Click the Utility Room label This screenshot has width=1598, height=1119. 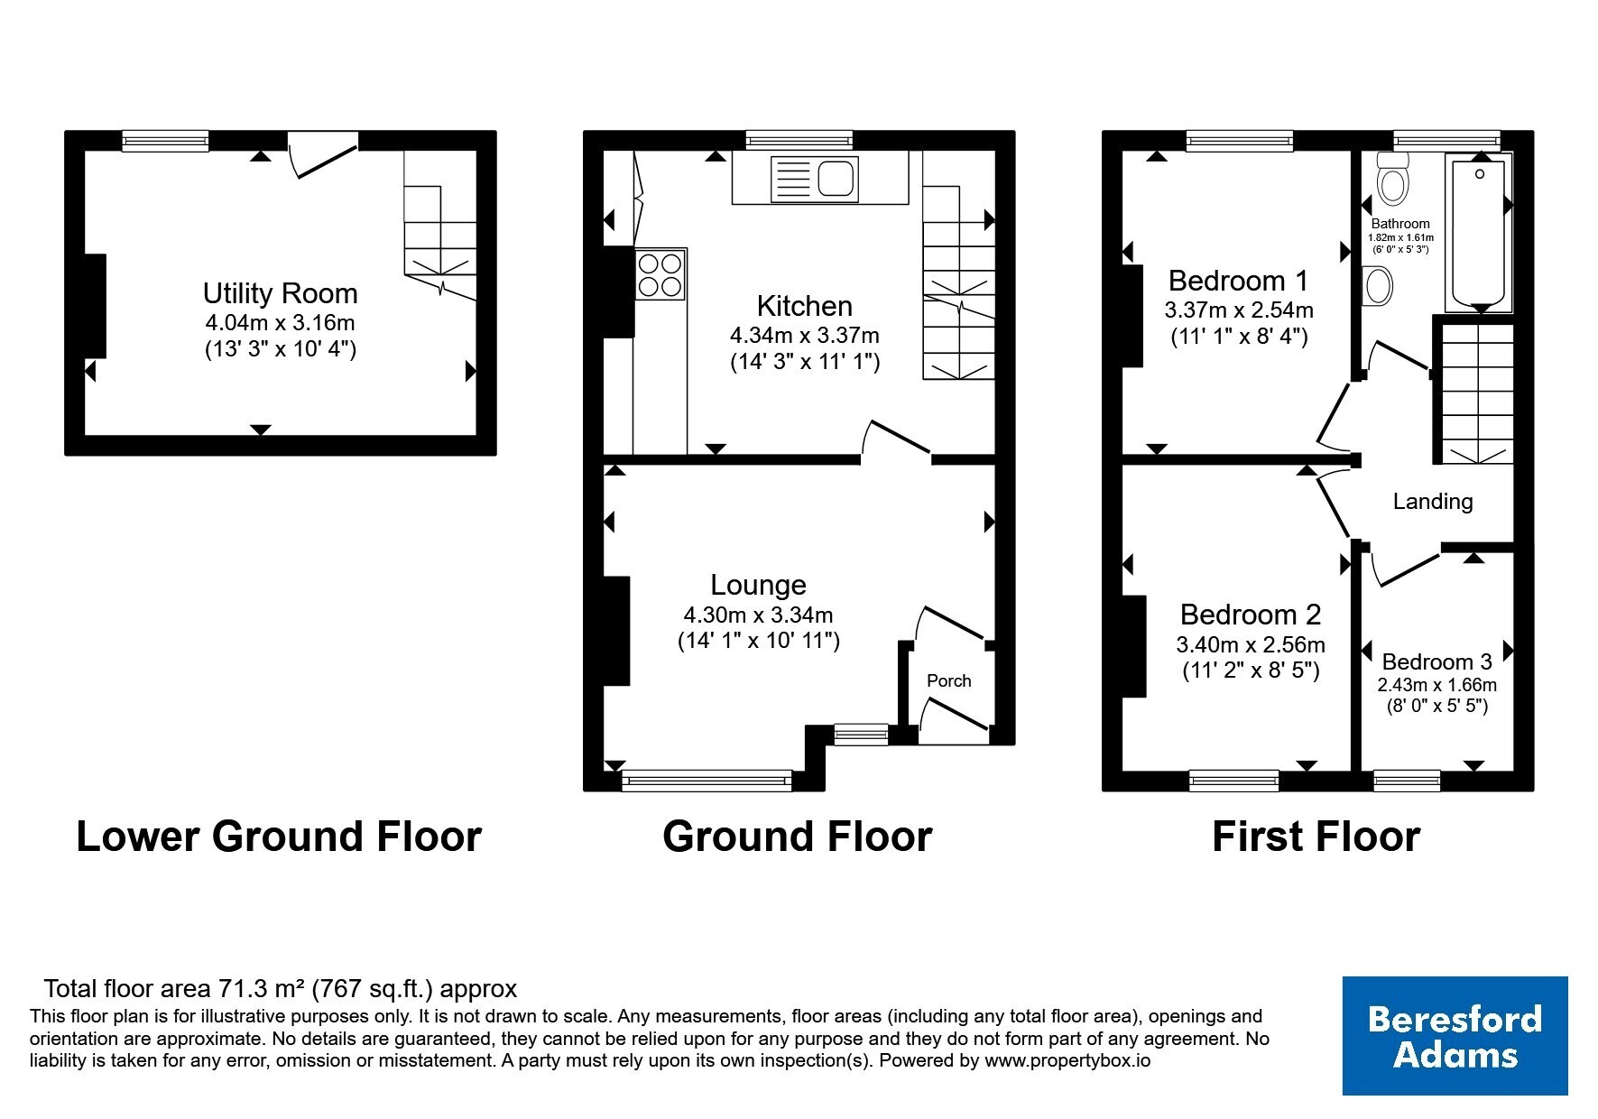(x=280, y=293)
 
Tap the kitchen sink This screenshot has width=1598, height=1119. (x=814, y=179)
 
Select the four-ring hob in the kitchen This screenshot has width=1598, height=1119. (x=660, y=275)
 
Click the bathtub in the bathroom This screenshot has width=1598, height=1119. (x=1478, y=232)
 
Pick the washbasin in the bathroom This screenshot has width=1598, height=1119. (x=1377, y=287)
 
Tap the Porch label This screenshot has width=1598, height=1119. (x=949, y=680)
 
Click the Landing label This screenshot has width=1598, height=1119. (x=1433, y=502)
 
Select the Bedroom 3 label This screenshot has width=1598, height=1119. (x=1436, y=661)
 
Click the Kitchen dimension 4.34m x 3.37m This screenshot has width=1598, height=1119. (x=805, y=336)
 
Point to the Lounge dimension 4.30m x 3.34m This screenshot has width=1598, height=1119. (x=758, y=615)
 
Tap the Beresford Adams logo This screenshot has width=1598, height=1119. (x=1455, y=1036)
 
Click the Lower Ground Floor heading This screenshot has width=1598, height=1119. (x=279, y=837)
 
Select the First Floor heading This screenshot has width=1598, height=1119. (x=1316, y=837)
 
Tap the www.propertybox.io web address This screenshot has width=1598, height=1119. (x=1067, y=1061)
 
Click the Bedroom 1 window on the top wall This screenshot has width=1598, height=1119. (x=1240, y=140)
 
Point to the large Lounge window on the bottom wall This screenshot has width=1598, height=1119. (x=707, y=781)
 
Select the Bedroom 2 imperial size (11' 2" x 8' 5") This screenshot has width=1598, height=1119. (x=1251, y=670)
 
